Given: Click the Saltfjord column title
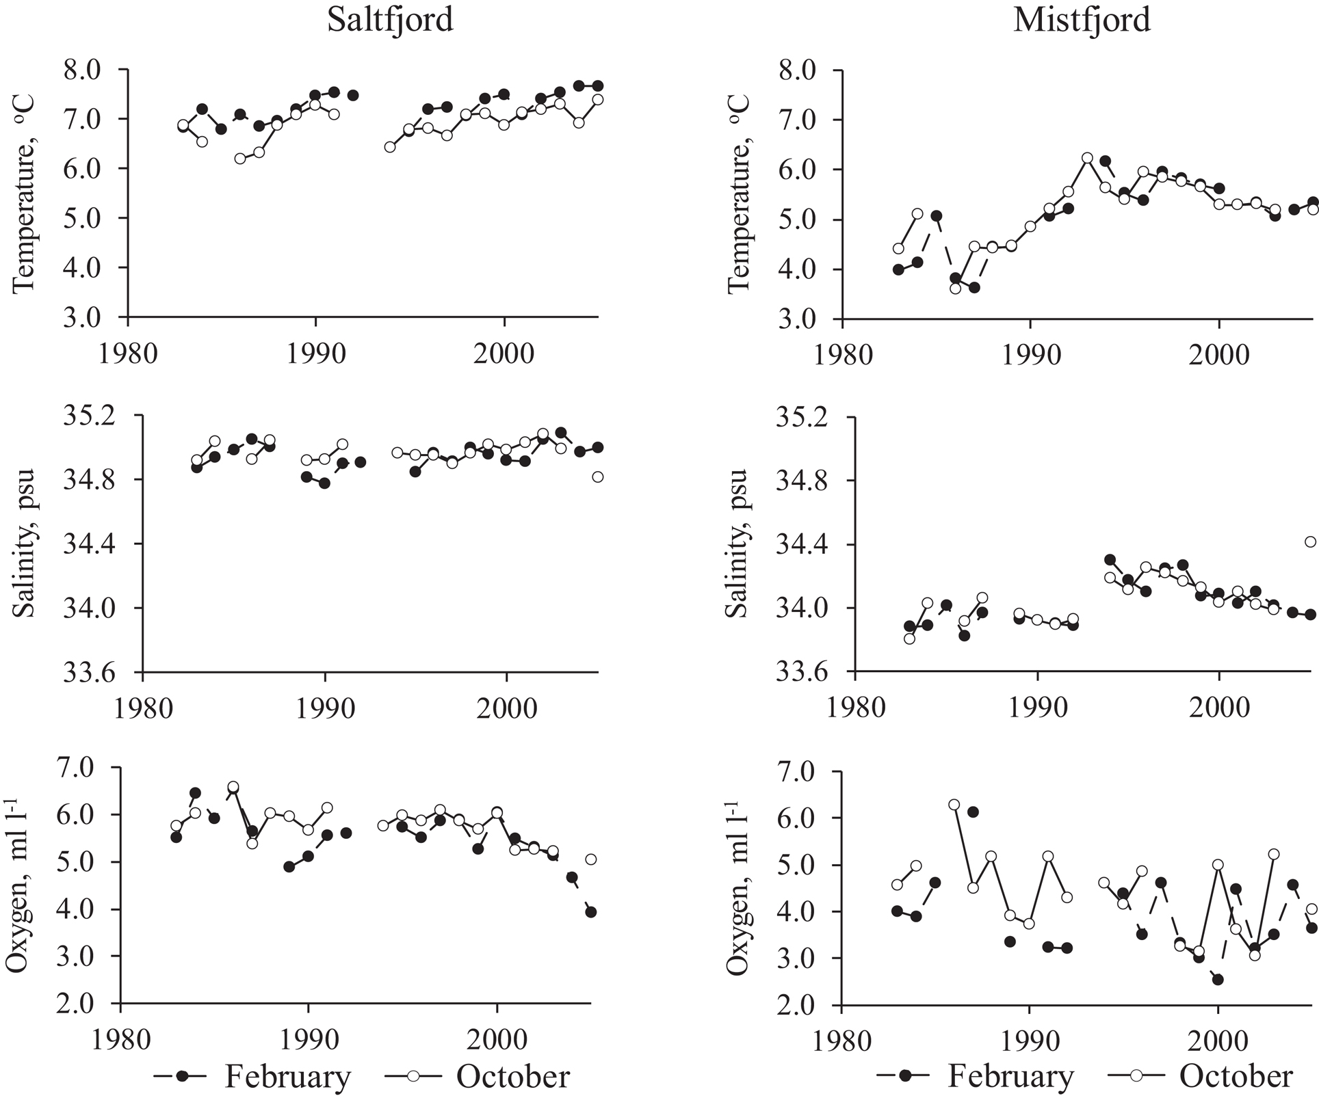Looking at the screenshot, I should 390,20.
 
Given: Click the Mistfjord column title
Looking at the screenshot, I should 1082,20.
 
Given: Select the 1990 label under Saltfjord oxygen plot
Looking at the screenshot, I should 309,1040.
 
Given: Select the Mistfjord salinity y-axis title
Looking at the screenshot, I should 737,544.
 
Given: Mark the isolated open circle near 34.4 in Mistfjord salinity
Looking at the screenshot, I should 1310,542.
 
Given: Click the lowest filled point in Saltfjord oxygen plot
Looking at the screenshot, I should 591,912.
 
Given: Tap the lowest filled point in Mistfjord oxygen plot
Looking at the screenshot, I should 1218,980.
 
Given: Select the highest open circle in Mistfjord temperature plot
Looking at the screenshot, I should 1087,158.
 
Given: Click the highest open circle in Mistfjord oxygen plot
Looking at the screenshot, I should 954,805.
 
